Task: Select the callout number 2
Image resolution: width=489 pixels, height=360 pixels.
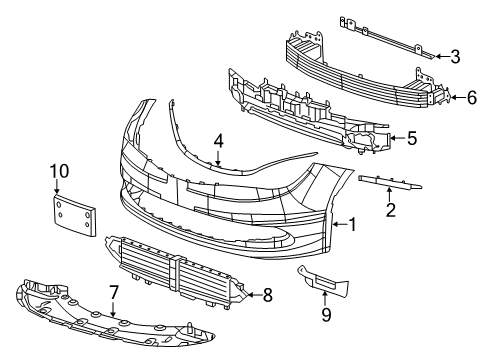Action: pos(391,210)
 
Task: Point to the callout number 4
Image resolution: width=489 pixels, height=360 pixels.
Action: pos(218,141)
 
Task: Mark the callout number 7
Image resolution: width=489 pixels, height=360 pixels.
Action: pos(113,292)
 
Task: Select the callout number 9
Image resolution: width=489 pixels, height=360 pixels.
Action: pos(325,316)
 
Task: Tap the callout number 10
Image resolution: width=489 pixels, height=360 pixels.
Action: pos(59,172)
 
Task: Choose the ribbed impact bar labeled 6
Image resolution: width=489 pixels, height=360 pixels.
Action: pos(360,75)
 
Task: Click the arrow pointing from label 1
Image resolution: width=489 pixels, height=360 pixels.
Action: pos(337,226)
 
